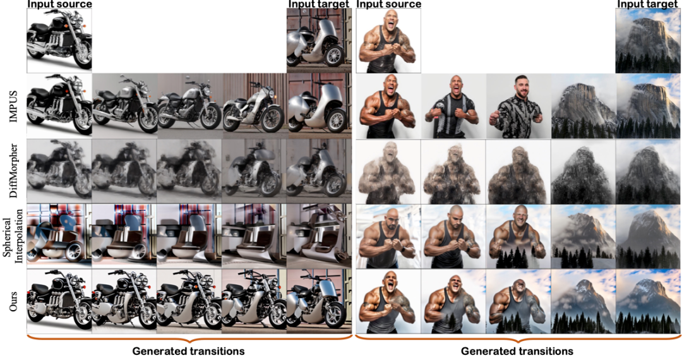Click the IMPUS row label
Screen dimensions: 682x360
pos(13,106)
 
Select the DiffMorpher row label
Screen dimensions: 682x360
pos(13,171)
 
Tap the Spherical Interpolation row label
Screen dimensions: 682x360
pos(13,236)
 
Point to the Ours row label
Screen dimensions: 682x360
pos(13,301)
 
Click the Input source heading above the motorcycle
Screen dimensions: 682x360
pos(59,4)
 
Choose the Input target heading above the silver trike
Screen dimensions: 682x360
pos(319,4)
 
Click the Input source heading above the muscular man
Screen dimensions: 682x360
pos(389,4)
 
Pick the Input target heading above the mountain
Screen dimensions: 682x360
pos(648,4)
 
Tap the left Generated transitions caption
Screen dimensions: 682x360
pos(188,351)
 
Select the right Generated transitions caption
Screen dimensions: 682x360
pos(517,351)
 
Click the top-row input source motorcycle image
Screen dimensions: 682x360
pos(59,40)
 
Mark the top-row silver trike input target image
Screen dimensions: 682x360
pos(320,40)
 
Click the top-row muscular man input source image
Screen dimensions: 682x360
pos(388,40)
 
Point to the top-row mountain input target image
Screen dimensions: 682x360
pos(648,40)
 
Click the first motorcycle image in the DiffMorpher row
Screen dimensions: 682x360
pos(59,171)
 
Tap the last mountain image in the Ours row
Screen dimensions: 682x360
pos(648,301)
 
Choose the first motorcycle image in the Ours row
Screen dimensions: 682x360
pos(59,301)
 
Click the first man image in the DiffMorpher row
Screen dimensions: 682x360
pos(388,171)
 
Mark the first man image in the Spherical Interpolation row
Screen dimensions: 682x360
pos(388,236)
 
